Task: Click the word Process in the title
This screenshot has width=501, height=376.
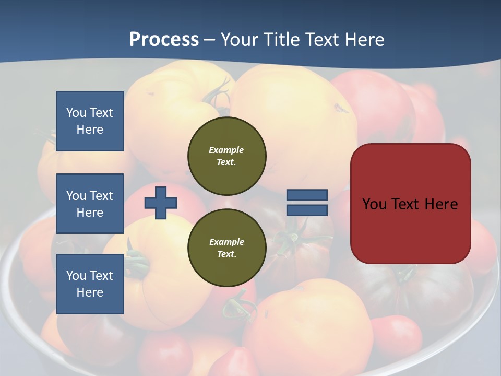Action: [164, 39]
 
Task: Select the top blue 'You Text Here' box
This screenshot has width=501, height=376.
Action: [90, 121]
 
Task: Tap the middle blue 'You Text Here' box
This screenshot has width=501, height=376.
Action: [90, 204]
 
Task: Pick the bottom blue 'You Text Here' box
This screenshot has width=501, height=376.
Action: [90, 284]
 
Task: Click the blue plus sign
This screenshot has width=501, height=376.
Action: [161, 202]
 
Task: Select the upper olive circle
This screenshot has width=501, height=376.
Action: [227, 156]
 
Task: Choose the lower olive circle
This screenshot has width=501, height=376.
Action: [227, 248]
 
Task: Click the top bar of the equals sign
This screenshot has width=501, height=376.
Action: [307, 195]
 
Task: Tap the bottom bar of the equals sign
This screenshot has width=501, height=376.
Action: [307, 210]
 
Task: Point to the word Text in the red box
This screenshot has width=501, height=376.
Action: [406, 204]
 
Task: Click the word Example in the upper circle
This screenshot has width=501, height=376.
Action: [226, 150]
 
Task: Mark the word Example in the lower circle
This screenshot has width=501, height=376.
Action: [226, 242]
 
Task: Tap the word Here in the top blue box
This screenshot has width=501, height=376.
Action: [90, 130]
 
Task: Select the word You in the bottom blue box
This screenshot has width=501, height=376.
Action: [76, 276]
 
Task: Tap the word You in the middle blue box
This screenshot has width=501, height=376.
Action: [76, 196]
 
